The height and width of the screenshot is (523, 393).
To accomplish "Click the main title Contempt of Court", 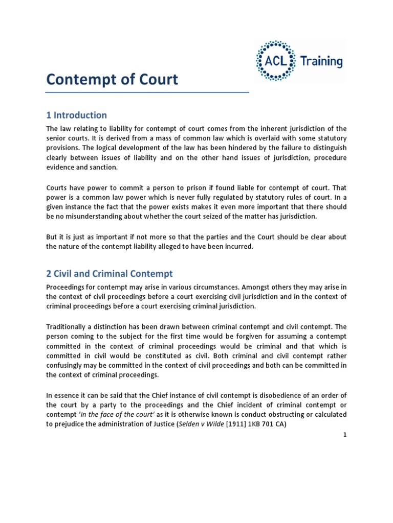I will point(112,80).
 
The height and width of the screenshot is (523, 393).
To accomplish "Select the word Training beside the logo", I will point(321,62).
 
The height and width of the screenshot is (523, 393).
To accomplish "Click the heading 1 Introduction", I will point(76,115).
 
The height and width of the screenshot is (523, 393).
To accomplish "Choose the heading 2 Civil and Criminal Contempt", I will point(110,273).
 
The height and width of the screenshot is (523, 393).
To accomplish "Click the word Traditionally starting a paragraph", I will point(70,326).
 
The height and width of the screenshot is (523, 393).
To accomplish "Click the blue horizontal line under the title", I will point(147,92).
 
